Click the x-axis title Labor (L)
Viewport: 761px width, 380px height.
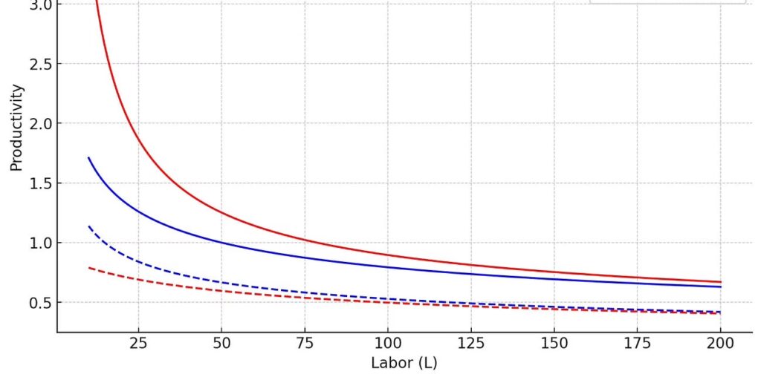[x=404, y=364]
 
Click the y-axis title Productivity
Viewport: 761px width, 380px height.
[x=16, y=128]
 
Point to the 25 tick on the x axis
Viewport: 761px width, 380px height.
[x=138, y=343]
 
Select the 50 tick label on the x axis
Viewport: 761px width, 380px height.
[x=221, y=343]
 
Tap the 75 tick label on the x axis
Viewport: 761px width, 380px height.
[x=305, y=343]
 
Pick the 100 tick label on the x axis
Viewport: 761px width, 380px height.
[x=388, y=343]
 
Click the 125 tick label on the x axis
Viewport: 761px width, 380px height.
[x=471, y=343]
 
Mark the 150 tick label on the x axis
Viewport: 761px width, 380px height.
[x=554, y=343]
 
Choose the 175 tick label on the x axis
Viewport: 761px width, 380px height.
[x=638, y=343]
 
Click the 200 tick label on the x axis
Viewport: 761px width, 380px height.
[x=721, y=343]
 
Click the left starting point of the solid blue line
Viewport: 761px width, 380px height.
[x=88, y=157]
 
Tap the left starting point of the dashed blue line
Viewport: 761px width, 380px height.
[x=88, y=226]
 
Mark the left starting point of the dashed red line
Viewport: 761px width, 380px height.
[x=88, y=267]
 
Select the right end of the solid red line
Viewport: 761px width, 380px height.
[x=721, y=282]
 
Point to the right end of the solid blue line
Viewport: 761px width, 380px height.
[x=721, y=286]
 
